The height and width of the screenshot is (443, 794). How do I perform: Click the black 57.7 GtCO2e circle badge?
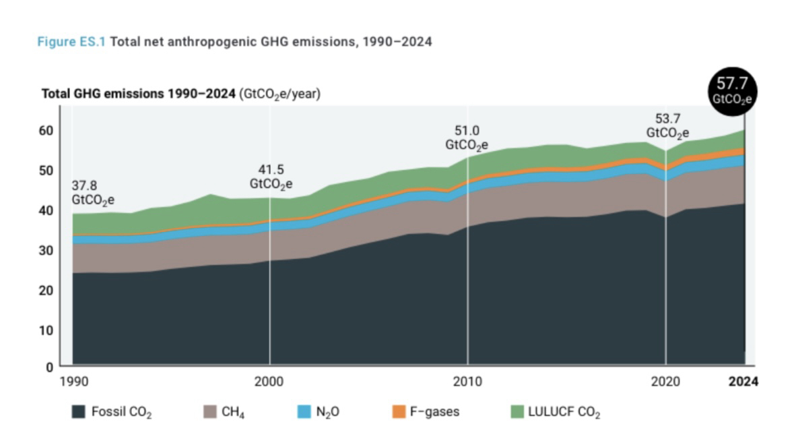[733, 91]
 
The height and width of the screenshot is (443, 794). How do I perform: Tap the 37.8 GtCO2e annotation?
[93, 193]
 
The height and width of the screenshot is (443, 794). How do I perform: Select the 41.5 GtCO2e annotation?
[271, 176]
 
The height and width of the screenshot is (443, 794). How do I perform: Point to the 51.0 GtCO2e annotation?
[467, 138]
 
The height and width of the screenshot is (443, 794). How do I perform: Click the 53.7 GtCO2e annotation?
[667, 126]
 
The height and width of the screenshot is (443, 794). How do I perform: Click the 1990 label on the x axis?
[74, 382]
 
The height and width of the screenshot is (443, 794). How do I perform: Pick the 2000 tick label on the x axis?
[269, 382]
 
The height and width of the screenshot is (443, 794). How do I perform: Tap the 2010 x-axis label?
[467, 382]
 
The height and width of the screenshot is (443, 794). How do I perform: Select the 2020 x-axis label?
[665, 382]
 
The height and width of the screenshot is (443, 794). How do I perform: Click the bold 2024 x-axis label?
[743, 382]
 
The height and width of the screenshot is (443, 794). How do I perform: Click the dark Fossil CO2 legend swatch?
[79, 411]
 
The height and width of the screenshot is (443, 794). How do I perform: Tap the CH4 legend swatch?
[210, 411]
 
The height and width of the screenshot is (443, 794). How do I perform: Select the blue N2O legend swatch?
[304, 411]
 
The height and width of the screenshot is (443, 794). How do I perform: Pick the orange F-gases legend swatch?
[399, 411]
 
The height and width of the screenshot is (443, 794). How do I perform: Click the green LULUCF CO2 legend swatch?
[517, 411]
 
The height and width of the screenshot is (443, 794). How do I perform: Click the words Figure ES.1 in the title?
[71, 42]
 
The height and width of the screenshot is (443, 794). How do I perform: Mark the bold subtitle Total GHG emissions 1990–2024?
[139, 94]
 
